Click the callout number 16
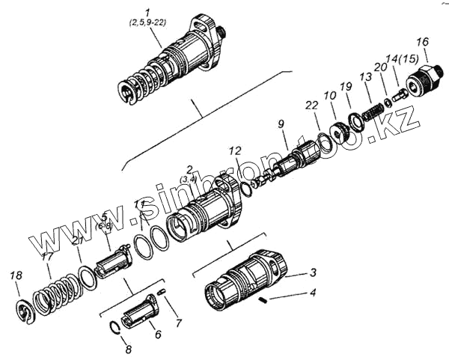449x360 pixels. tap(423, 41)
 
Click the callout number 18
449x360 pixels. tap(15, 277)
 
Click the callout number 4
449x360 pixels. tap(314, 293)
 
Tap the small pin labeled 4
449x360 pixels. tap(263, 299)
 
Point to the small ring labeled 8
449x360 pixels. tap(115, 326)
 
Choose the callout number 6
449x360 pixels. tap(157, 334)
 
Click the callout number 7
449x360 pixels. tap(177, 323)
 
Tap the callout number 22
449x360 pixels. tap(314, 106)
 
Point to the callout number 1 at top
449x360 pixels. tap(147, 11)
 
